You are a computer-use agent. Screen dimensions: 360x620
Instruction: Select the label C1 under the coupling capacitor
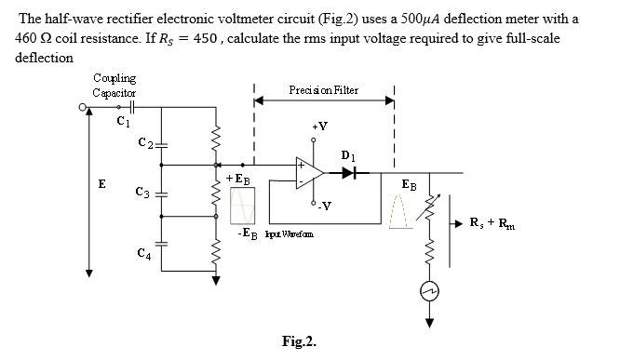[x=122, y=119]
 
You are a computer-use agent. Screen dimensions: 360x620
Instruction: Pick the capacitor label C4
[x=142, y=253]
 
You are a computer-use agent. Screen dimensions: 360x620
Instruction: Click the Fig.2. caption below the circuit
[x=299, y=340]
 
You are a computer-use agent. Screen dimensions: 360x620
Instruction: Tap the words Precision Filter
[x=324, y=90]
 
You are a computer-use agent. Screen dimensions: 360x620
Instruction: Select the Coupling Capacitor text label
[x=115, y=86]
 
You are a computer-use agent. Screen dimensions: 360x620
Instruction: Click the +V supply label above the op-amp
[x=318, y=126]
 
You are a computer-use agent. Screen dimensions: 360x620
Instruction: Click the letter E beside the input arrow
[x=101, y=184]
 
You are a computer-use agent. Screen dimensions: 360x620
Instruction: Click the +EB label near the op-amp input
[x=236, y=178]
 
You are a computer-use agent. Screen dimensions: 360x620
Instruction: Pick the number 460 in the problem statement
[x=28, y=38]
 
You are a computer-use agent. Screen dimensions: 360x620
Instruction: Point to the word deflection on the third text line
[x=44, y=58]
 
